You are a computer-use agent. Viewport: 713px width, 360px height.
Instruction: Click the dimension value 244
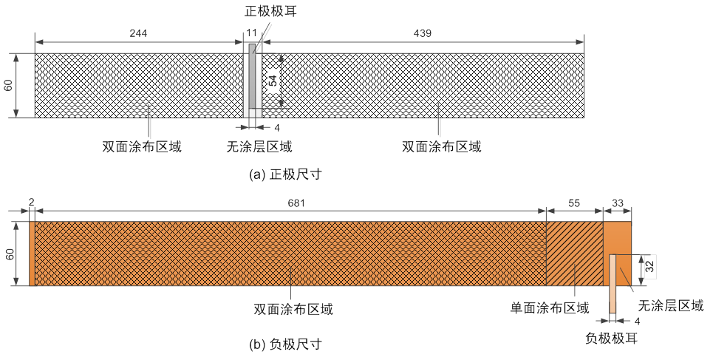pyautogui.click(x=138, y=33)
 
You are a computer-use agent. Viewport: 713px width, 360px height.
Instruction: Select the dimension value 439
pyautogui.click(x=423, y=33)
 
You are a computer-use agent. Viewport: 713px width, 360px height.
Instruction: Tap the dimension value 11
pyautogui.click(x=252, y=33)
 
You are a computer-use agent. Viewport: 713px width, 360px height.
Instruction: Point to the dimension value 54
pyautogui.click(x=273, y=81)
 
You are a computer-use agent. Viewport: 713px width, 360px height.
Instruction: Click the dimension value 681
pyautogui.click(x=296, y=203)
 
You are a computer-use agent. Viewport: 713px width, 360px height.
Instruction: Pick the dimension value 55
pyautogui.click(x=574, y=203)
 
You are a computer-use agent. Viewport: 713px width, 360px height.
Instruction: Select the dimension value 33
pyautogui.click(x=617, y=203)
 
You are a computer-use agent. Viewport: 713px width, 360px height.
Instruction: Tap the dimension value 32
pyautogui.click(x=651, y=266)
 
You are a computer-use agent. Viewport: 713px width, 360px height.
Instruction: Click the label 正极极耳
pyautogui.click(x=270, y=11)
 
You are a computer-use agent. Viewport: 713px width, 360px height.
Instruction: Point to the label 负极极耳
pyautogui.click(x=611, y=338)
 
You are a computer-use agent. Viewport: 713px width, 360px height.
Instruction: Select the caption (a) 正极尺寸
pyautogui.click(x=285, y=174)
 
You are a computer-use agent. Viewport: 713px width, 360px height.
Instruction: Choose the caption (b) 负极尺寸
pyautogui.click(x=285, y=344)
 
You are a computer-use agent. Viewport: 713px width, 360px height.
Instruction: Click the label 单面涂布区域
pyautogui.click(x=550, y=308)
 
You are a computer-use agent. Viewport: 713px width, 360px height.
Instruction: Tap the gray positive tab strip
pyautogui.click(x=253, y=76)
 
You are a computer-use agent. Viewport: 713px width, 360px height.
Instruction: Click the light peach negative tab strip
pyautogui.click(x=613, y=284)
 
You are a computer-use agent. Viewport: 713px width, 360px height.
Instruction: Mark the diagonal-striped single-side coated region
pyautogui.click(x=574, y=254)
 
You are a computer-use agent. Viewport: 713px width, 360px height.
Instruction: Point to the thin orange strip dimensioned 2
pyautogui.click(x=32, y=254)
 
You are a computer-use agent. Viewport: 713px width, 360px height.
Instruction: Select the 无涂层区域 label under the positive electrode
pyautogui.click(x=259, y=146)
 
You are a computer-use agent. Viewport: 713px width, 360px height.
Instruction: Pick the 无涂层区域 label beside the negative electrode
pyautogui.click(x=671, y=305)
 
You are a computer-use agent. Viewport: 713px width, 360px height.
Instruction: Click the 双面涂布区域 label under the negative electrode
pyautogui.click(x=293, y=310)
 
